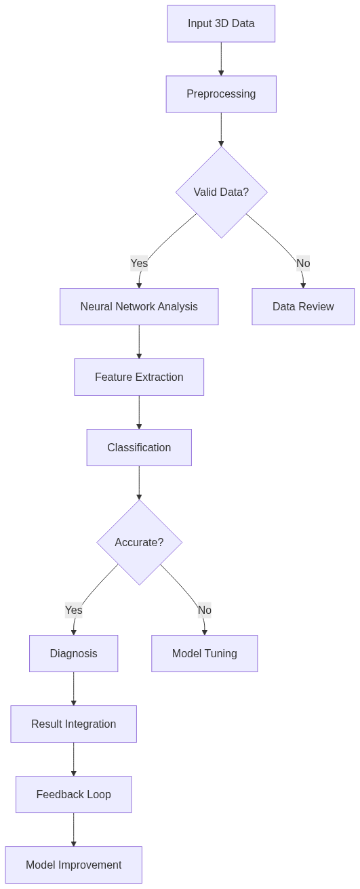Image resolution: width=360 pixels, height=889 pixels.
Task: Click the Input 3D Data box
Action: (x=221, y=24)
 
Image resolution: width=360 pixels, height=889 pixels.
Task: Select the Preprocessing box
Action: (x=221, y=94)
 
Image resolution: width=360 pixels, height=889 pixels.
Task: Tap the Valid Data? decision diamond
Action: (x=221, y=192)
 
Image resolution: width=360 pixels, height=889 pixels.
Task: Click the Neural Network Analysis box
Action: (x=139, y=307)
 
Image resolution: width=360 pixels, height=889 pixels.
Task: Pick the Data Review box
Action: (x=303, y=307)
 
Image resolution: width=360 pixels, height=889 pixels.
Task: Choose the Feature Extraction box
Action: (x=139, y=377)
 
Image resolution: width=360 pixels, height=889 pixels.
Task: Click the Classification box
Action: (x=139, y=448)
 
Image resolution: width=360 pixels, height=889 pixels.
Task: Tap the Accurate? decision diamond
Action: (x=139, y=542)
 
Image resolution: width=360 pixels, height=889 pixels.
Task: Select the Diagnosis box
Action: (x=73, y=654)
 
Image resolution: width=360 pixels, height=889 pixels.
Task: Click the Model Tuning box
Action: (x=204, y=654)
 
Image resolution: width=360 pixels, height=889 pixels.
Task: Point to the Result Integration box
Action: (x=73, y=724)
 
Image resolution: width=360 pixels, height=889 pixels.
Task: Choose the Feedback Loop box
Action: (x=73, y=795)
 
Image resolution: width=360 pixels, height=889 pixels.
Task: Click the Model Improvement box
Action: (x=73, y=865)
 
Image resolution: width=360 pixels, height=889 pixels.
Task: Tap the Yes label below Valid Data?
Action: (x=139, y=263)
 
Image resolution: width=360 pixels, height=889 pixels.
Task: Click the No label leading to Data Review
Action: (x=303, y=263)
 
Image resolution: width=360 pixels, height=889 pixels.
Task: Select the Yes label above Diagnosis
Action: (x=73, y=610)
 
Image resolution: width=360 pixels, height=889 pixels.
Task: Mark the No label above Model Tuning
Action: (x=204, y=610)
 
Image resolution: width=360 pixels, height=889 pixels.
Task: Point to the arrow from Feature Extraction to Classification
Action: (x=139, y=412)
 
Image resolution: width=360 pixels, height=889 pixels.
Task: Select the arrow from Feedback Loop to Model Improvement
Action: (x=73, y=829)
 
